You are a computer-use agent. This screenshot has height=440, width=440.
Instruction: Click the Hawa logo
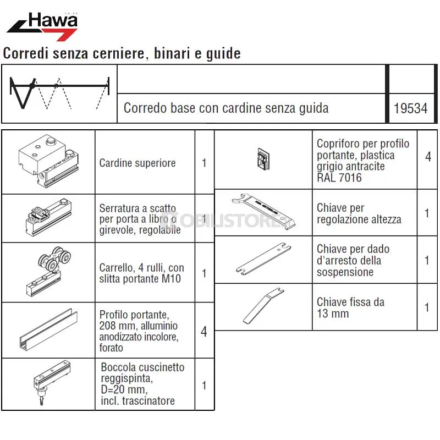tap(42, 26)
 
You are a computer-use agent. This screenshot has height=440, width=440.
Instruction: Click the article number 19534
tap(410, 108)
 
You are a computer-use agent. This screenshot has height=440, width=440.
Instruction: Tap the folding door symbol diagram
tap(59, 93)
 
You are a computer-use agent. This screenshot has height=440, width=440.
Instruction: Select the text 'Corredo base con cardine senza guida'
tap(226, 108)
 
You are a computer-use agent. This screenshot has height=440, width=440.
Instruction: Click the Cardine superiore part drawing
tap(48, 161)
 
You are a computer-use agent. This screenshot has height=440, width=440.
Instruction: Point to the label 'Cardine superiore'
tap(137, 163)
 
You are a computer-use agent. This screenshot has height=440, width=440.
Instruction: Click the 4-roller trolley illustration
tap(48, 271)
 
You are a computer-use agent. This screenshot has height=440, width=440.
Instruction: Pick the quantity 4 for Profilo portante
tap(204, 332)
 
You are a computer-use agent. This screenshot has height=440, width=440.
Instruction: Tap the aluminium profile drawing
tap(48, 329)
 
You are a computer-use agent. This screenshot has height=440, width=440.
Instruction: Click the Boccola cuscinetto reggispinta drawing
tap(52, 382)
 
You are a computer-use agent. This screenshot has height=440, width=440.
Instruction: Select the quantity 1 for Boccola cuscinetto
tap(204, 386)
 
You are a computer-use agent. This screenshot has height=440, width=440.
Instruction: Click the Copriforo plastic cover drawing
tap(263, 159)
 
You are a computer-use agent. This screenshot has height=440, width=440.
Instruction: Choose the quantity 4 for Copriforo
tap(428, 157)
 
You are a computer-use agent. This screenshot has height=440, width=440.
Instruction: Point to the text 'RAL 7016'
tap(339, 178)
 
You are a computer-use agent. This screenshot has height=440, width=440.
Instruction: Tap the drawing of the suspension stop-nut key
tap(263, 258)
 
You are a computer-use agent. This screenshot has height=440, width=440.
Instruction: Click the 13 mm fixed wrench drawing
tap(263, 305)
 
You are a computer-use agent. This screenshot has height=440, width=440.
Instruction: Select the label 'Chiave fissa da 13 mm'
tap(350, 307)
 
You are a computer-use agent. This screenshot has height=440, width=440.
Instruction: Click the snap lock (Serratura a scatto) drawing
tap(48, 217)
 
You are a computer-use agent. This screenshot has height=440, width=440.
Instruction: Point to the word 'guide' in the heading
tap(223, 53)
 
